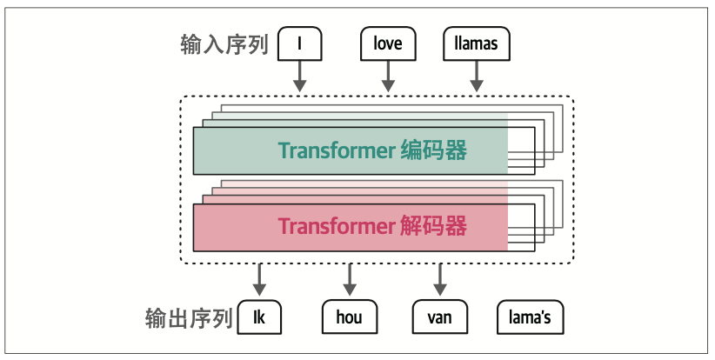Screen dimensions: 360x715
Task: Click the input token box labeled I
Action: [299, 43]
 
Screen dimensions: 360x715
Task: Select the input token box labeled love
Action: [387, 43]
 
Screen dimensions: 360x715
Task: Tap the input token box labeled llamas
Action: [476, 43]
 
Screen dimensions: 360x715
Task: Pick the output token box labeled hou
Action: [349, 317]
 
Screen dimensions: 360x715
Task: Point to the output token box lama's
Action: [529, 317]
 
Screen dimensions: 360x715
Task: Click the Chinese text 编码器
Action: [434, 151]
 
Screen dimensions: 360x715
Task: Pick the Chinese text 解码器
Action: [434, 228]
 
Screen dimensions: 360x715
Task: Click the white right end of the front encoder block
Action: [521, 151]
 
